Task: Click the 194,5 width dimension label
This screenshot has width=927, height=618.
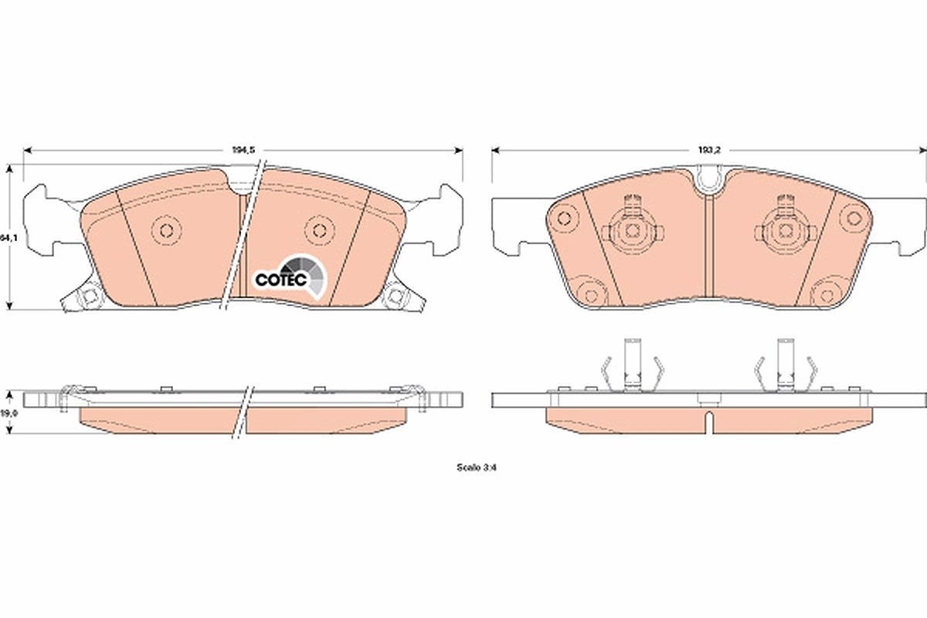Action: coord(243,151)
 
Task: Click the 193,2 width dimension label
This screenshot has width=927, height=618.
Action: coord(709,151)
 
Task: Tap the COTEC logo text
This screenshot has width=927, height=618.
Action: coord(281,280)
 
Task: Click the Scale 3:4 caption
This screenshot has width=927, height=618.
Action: coord(477,467)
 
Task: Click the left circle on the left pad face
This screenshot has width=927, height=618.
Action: coord(166,230)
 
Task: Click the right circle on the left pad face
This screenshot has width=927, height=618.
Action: coord(319,230)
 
